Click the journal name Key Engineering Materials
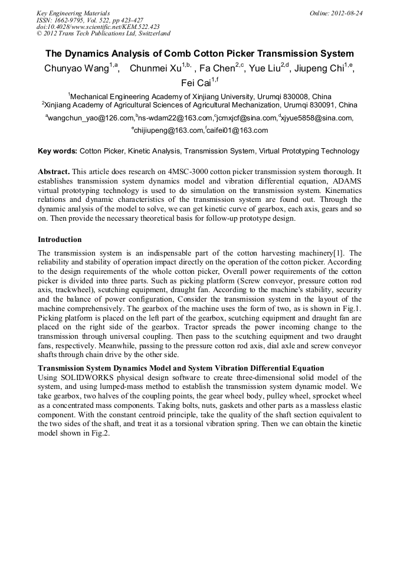(73, 13)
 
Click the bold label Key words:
(57, 151)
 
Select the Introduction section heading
(60, 240)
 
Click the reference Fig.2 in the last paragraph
(99, 433)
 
